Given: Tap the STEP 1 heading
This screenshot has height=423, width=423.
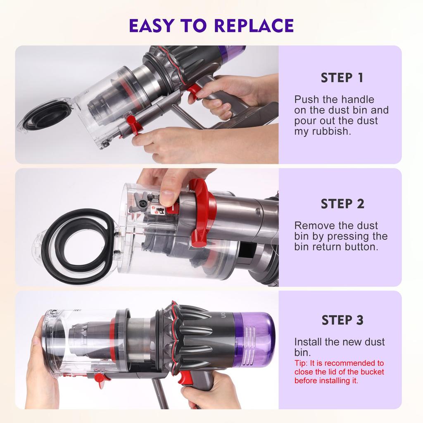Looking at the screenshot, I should pyautogui.click(x=342, y=78).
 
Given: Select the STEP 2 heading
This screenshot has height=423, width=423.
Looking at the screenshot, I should pyautogui.click(x=342, y=204).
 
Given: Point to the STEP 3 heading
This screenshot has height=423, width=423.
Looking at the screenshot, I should pyautogui.click(x=342, y=320).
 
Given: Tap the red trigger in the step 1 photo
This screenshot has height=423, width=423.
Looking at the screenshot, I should pyautogui.click(x=193, y=92).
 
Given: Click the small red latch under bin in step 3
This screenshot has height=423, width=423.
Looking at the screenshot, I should pyautogui.click(x=100, y=377).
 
